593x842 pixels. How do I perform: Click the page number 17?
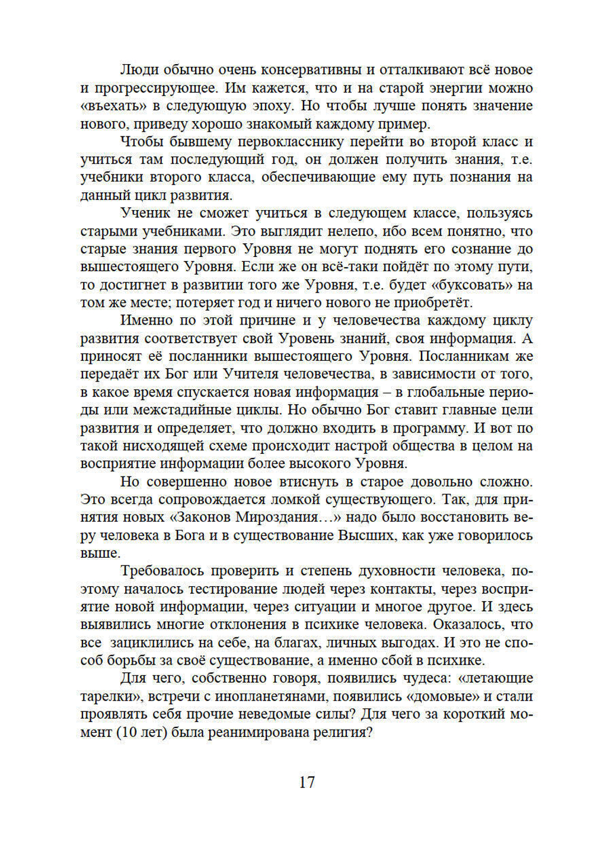(307, 782)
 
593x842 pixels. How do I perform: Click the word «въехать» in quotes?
(109, 106)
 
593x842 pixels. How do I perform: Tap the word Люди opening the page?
(139, 70)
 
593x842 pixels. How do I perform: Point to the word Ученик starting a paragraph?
(146, 213)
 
